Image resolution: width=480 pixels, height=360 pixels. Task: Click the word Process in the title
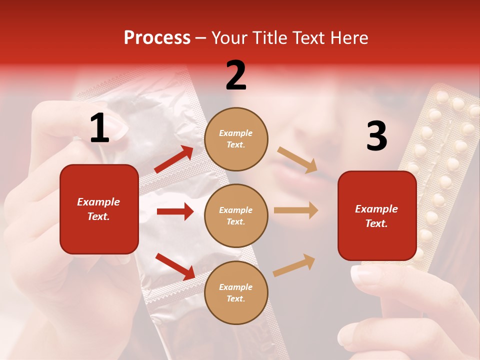click(x=157, y=37)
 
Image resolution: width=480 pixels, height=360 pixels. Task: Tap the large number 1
click(x=99, y=128)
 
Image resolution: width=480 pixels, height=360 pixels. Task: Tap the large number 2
click(x=236, y=75)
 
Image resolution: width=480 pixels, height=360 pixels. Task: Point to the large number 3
click(x=376, y=136)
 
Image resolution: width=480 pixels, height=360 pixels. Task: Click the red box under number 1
click(x=99, y=209)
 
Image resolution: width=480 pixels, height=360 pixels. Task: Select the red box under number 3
click(x=377, y=215)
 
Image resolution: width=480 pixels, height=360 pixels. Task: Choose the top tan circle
click(x=236, y=139)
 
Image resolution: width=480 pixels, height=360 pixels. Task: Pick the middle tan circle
click(x=236, y=215)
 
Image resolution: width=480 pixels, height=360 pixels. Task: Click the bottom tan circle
click(x=236, y=292)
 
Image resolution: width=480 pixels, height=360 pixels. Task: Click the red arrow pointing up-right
click(x=174, y=159)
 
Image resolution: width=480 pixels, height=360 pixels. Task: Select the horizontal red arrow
click(x=175, y=211)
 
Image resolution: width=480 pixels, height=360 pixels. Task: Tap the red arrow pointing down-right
click(x=175, y=266)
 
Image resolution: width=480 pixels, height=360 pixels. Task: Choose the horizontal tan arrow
click(x=296, y=210)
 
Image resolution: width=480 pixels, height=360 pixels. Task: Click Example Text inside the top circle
click(x=236, y=139)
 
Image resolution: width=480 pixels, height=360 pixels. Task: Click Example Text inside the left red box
click(x=98, y=209)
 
